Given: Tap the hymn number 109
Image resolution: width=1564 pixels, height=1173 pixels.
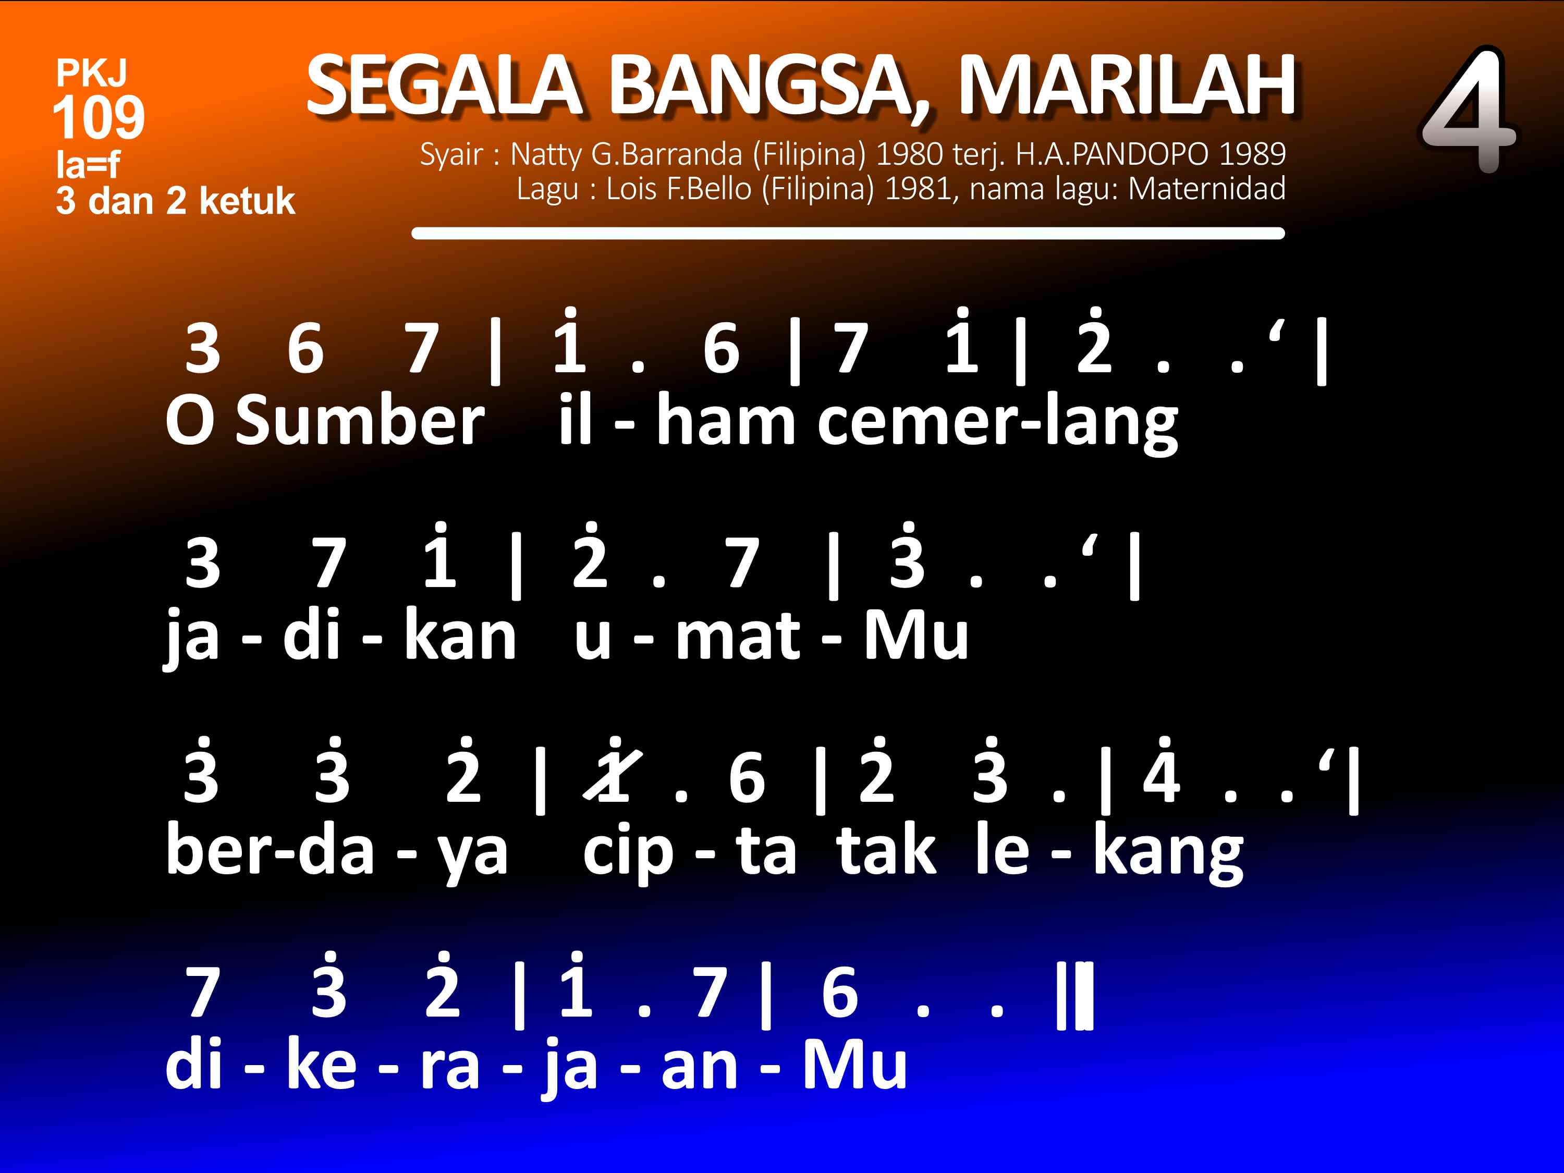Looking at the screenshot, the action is [99, 117].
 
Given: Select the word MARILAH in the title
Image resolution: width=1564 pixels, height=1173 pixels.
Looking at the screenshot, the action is [1126, 85].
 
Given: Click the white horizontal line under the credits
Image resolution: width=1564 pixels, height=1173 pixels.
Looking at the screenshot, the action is [848, 234].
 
